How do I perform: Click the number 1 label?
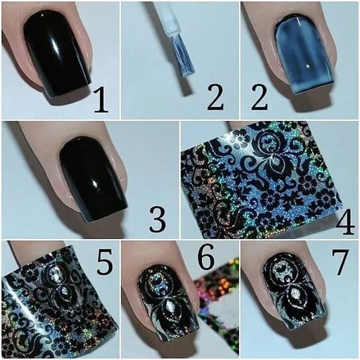click(101, 101)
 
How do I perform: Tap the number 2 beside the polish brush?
click(215, 97)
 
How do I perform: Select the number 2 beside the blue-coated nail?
click(259, 97)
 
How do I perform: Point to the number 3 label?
click(157, 219)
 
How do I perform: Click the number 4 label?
click(345, 222)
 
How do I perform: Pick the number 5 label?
click(105, 262)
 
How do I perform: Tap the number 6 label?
click(206, 257)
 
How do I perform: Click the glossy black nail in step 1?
click(58, 54)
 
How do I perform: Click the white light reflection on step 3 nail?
click(95, 183)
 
